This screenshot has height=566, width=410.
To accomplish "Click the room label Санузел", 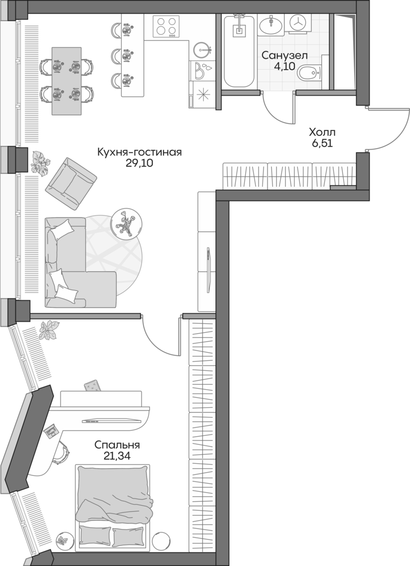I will [284, 56].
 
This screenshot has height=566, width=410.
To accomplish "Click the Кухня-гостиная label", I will [139, 152].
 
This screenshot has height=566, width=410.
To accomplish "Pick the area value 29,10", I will [139, 163].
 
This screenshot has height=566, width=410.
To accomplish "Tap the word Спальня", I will [117, 444].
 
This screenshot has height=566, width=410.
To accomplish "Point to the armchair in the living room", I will [70, 181].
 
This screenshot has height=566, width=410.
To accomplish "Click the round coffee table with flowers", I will [127, 223].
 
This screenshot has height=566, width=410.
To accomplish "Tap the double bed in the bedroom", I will [113, 506].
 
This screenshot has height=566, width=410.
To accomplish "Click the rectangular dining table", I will [66, 81].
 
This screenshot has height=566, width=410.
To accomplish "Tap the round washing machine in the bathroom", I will [298, 23].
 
